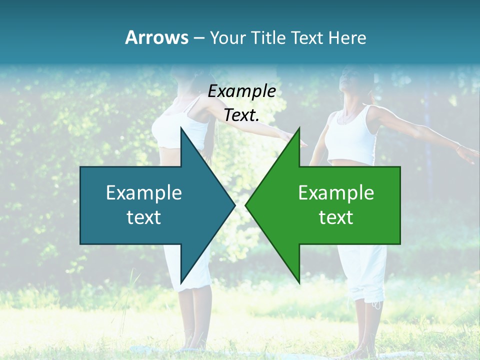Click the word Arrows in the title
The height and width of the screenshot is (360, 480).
(x=156, y=37)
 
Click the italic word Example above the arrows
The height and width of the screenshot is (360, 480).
(x=241, y=91)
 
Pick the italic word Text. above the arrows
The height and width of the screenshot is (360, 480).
(x=241, y=115)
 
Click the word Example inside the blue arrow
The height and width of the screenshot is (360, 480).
(x=144, y=193)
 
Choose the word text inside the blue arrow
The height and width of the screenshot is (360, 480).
(x=144, y=217)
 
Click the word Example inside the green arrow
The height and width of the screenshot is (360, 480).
(x=336, y=193)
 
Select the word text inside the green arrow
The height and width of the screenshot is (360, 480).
(x=336, y=217)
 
